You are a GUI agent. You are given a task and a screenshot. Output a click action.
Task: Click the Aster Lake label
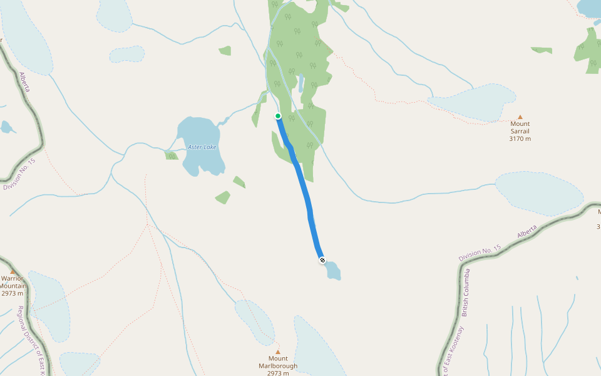[202, 147]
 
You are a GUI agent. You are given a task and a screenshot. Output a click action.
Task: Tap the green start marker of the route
[278, 116]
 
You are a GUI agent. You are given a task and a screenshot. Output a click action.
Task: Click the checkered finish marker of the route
[322, 259]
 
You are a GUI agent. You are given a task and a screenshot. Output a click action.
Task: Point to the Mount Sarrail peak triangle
[520, 117]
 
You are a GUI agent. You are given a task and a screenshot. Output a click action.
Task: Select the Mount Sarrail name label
[520, 128]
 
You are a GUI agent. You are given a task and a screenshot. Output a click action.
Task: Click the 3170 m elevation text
[520, 139]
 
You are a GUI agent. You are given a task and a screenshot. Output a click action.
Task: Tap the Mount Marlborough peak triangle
[278, 352]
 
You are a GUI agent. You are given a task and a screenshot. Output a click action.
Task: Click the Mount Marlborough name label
[278, 362]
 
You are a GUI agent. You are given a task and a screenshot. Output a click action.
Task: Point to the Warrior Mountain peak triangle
[13, 271]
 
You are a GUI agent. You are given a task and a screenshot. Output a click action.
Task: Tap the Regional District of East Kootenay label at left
[31, 338]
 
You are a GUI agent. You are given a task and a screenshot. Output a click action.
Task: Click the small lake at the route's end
[332, 270]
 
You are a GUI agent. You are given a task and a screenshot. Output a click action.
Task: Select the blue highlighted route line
[304, 188]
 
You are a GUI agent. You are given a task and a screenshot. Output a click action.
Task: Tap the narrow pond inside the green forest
[301, 83]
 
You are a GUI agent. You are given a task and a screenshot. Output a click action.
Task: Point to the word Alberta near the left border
[24, 81]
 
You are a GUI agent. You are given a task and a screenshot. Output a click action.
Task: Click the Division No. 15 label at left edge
[19, 175]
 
